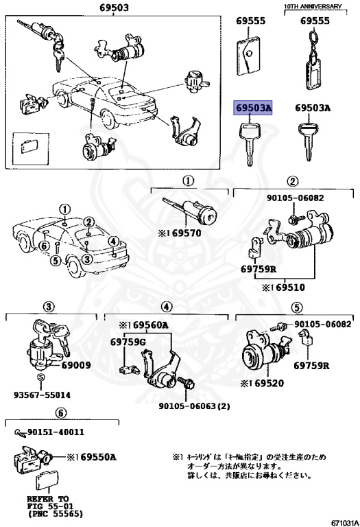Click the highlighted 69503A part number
(254, 108)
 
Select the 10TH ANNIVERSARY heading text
(313, 6)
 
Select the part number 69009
(75, 365)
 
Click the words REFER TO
(48, 498)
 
